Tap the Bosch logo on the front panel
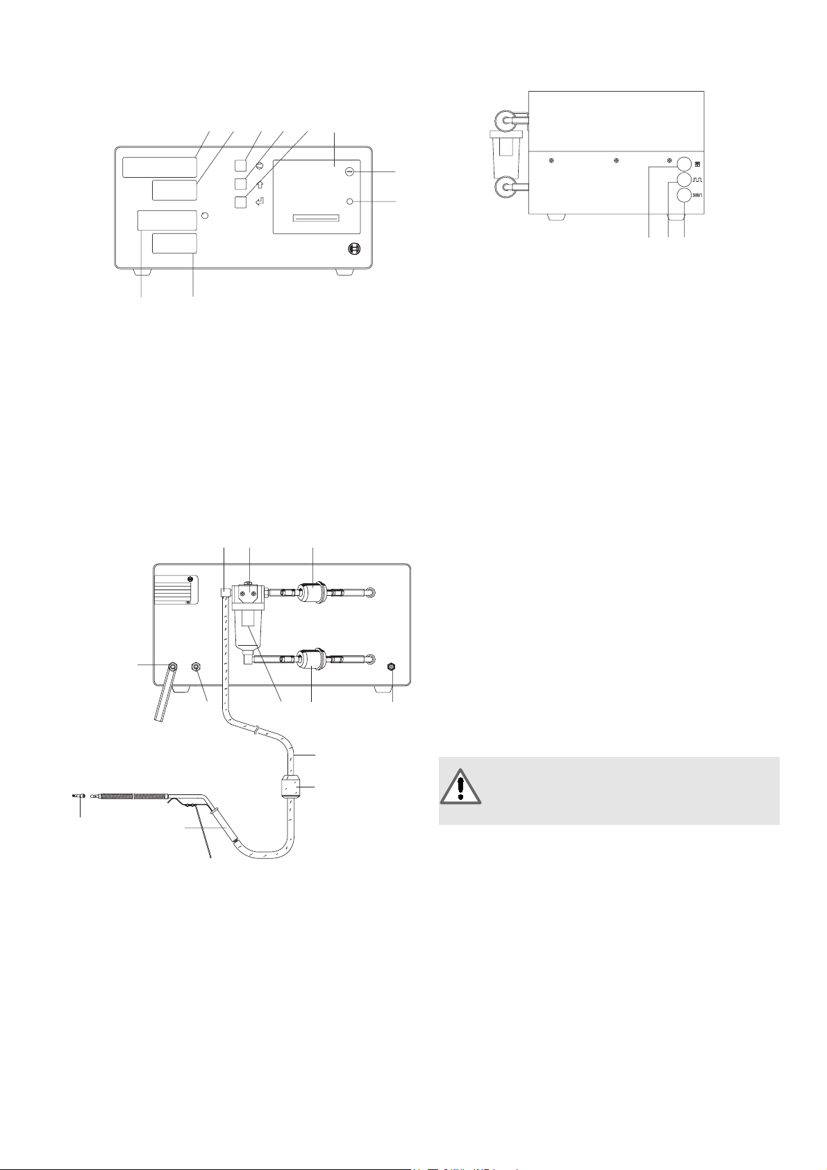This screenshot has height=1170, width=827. point(353,249)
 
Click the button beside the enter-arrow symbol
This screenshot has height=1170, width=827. point(240,201)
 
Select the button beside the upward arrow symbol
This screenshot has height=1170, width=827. point(240,183)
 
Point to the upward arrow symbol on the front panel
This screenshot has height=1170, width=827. point(260,185)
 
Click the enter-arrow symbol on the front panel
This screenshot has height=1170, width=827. point(260,203)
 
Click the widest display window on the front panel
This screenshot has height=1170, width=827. point(160,167)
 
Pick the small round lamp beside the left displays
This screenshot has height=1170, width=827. point(204,216)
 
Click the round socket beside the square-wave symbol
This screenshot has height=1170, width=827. point(684,181)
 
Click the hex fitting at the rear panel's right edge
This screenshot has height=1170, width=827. point(392,666)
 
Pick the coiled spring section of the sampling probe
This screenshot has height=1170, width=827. point(131,797)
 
